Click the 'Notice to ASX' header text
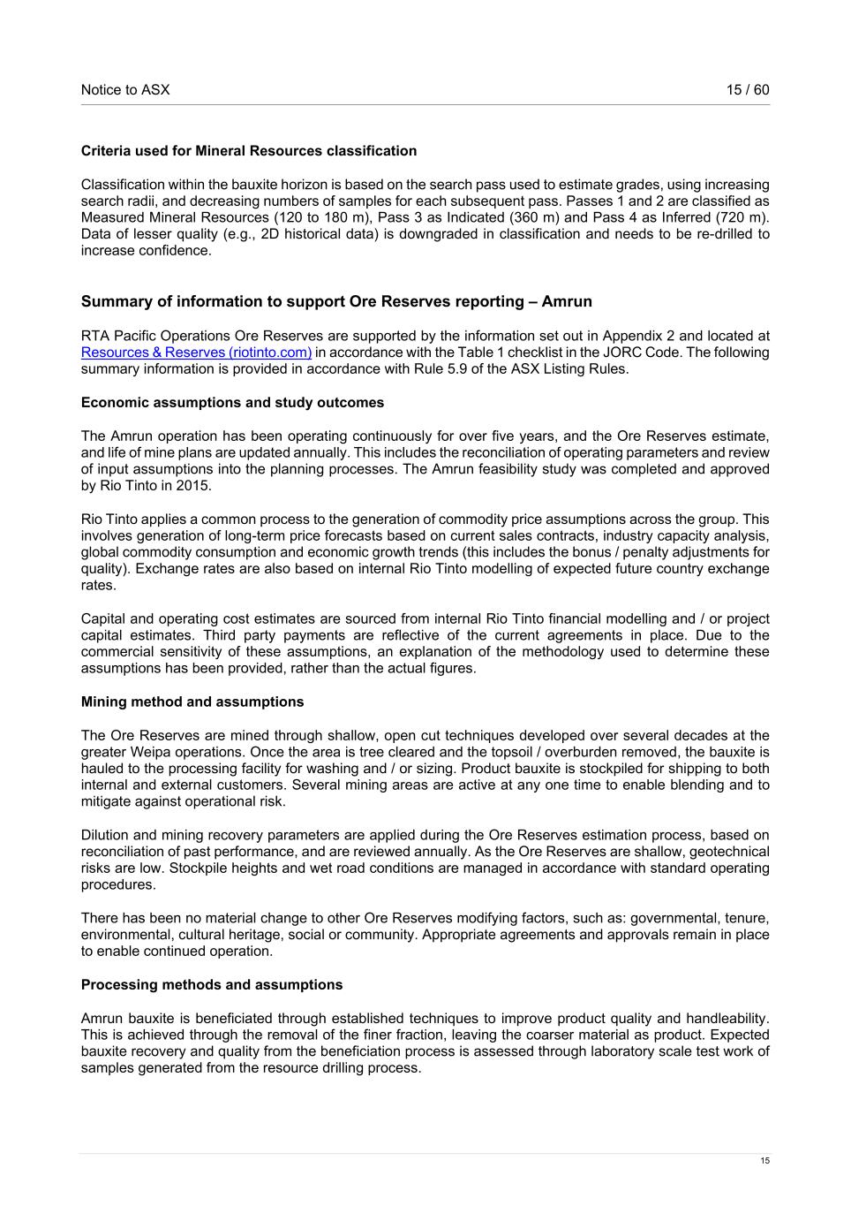point(125,90)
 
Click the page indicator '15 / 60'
point(748,90)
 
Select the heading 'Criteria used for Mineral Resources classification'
point(249,151)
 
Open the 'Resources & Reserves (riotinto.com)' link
point(196,353)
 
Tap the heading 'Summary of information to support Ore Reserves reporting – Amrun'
point(336,301)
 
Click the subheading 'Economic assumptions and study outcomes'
point(232,403)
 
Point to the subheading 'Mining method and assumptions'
point(192,702)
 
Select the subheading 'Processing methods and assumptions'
point(212,985)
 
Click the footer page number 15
point(765,1161)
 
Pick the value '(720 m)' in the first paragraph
point(744,218)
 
